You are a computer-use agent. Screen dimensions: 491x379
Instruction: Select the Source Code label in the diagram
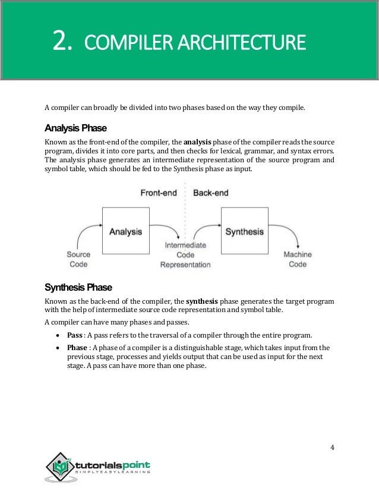point(78,260)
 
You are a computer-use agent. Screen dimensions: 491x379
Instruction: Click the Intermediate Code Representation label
point(185,254)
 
